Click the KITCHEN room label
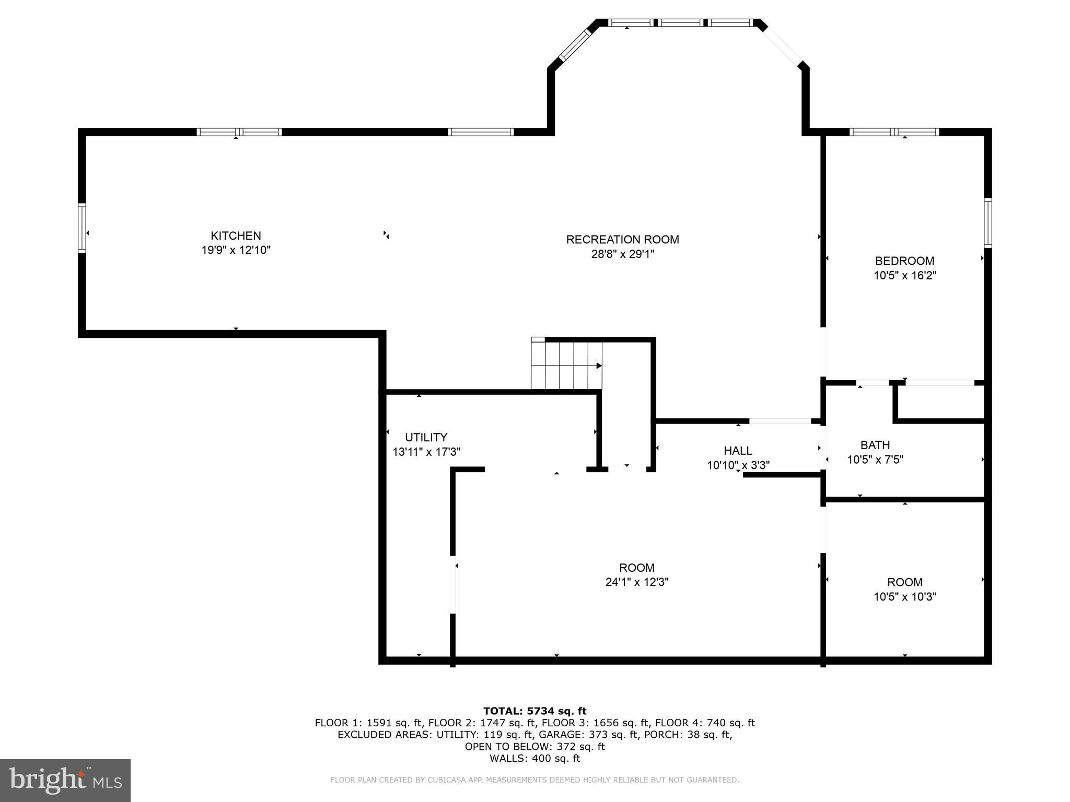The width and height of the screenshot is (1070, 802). pos(236,235)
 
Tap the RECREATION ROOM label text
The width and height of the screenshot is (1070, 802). pos(622,240)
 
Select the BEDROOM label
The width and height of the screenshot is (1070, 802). pos(904,261)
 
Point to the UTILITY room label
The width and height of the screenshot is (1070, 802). pos(426,437)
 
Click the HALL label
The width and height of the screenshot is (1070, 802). pos(738,451)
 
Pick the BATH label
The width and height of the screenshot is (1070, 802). pos(875,445)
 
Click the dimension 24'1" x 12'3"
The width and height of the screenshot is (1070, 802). pos(636,582)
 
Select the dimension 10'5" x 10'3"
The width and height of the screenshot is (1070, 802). pos(904,597)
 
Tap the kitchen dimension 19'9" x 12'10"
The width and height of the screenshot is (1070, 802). pos(236,250)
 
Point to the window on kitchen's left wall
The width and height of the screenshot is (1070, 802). pos(82,228)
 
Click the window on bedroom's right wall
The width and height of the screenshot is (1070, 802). pos(987,223)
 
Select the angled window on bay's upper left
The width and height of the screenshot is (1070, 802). pos(575,45)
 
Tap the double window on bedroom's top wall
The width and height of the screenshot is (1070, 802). pos(894,132)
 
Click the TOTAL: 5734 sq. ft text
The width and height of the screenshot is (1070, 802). pos(534,711)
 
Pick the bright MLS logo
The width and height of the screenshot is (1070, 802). pos(65,780)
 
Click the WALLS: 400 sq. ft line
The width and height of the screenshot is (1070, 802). pos(534,758)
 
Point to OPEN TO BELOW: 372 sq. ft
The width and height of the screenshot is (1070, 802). pos(534,747)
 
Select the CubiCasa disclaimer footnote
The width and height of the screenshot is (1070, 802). pos(534,780)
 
